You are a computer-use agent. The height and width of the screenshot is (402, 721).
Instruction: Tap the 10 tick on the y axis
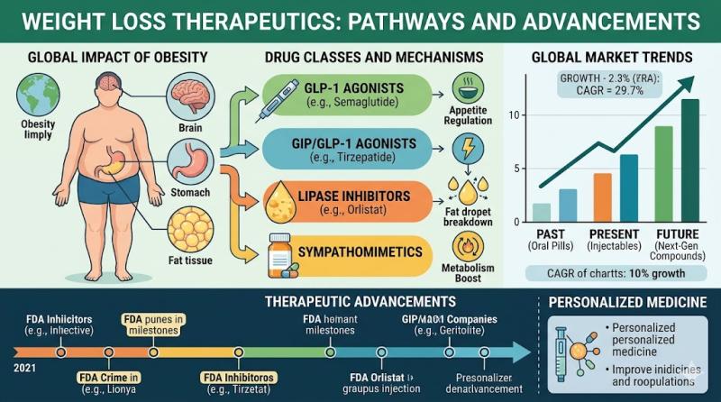pos(516,114)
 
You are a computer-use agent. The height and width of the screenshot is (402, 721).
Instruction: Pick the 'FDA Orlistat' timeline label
pos(378,376)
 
